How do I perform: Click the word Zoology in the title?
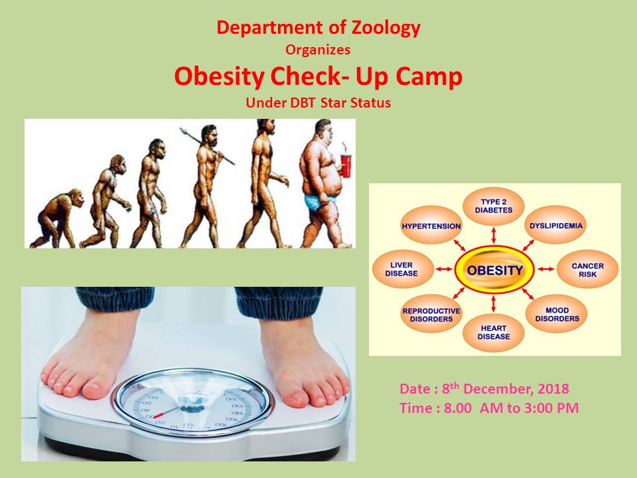click(x=386, y=29)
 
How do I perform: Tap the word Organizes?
click(x=318, y=50)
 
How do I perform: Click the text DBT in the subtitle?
click(x=303, y=102)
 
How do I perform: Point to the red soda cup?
click(x=345, y=165)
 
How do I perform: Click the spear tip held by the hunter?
click(x=182, y=131)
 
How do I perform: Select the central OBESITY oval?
click(x=494, y=270)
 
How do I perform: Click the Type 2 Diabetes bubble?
click(x=494, y=206)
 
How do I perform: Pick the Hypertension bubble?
click(x=431, y=226)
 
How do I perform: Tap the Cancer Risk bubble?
click(x=587, y=270)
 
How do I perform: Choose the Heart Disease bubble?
click(x=494, y=333)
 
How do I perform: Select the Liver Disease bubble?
click(x=401, y=269)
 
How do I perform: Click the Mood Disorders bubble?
click(x=557, y=314)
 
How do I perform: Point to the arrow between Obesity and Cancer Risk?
click(x=545, y=269)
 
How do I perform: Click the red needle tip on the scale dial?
click(x=155, y=417)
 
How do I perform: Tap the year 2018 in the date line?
click(x=553, y=389)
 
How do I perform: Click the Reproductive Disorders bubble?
click(x=431, y=315)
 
